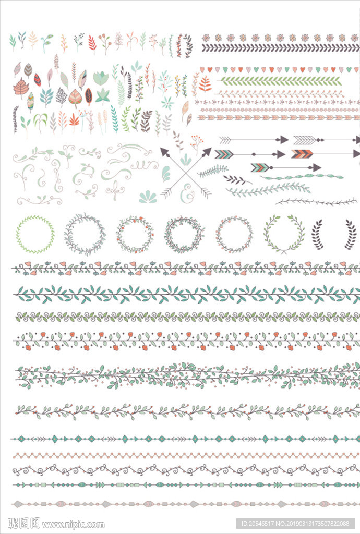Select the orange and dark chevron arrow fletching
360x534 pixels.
point(302,154)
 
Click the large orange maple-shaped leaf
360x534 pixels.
point(21,88)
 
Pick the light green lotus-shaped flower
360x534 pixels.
point(101,78)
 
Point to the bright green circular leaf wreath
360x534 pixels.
point(35,234)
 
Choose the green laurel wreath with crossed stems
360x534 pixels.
point(284,234)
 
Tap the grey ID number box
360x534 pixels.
point(295,524)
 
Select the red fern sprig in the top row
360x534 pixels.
point(92,43)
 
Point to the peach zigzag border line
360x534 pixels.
point(186,455)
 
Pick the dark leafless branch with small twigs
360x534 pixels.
point(317,202)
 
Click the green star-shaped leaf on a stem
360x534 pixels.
point(102,96)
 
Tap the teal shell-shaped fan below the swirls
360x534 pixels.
point(148,197)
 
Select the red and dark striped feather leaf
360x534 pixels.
point(37,80)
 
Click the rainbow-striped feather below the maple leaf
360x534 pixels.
point(31,102)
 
